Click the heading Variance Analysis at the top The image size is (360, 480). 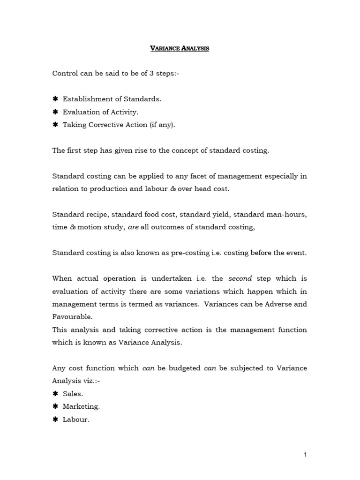click(x=180, y=48)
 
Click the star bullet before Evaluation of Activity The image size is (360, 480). click(x=55, y=112)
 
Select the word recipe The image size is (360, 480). click(x=96, y=214)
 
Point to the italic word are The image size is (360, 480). click(x=133, y=227)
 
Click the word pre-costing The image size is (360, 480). click(x=180, y=253)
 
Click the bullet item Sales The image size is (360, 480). click(x=73, y=394)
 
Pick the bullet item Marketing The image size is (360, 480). click(x=81, y=406)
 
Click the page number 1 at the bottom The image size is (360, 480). click(x=305, y=454)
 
